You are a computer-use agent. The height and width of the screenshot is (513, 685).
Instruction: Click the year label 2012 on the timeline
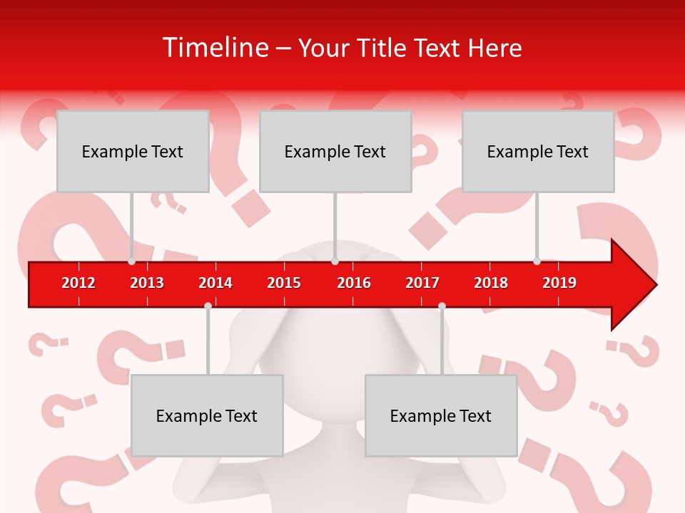point(78,283)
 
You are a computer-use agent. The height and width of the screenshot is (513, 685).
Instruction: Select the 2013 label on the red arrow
point(147,283)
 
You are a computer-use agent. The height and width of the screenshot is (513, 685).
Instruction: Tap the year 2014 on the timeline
point(215,283)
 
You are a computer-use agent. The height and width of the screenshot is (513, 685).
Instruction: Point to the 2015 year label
point(284,283)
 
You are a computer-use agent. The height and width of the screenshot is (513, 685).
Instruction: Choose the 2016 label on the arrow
point(354,283)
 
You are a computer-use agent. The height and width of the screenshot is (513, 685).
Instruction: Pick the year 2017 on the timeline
point(422,283)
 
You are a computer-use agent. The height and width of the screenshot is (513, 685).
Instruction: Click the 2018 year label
point(491,283)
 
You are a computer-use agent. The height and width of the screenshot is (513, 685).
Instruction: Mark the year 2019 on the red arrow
point(559,283)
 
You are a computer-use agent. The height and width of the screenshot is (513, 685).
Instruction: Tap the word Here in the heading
point(494,48)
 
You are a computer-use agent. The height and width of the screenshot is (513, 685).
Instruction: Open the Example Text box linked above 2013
point(133,151)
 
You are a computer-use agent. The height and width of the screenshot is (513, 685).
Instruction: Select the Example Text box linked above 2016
point(335,151)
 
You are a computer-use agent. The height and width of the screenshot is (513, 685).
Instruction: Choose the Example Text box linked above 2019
point(538,151)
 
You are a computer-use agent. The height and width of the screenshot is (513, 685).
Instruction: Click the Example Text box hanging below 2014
point(207,415)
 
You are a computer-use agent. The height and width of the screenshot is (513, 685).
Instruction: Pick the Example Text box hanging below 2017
point(441,415)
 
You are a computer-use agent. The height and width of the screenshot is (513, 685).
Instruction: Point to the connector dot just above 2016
point(335,261)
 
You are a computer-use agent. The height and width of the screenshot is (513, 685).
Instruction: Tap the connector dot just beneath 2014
point(208,306)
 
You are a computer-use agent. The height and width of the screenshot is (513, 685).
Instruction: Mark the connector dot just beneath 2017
point(442,306)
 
